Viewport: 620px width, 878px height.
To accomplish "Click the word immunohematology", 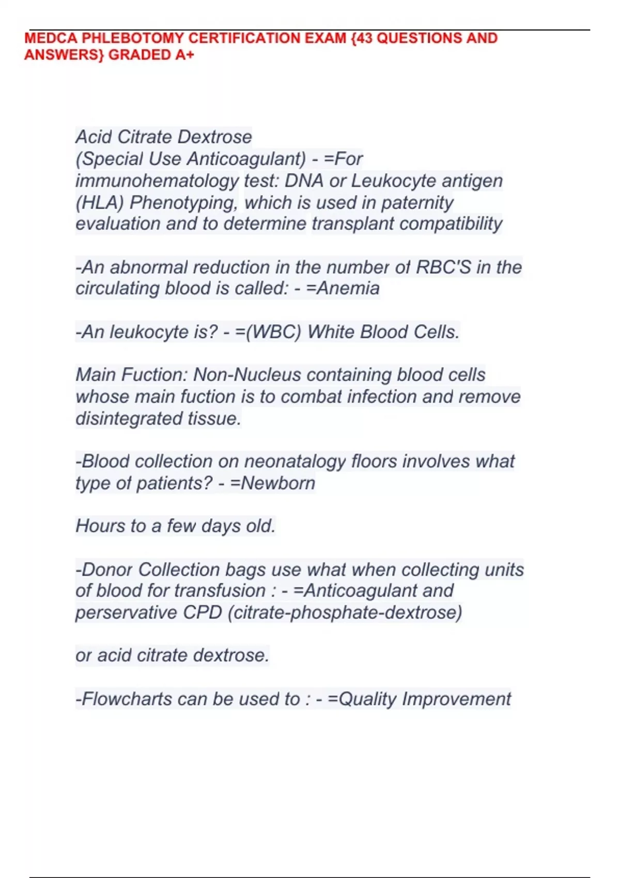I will (x=157, y=181).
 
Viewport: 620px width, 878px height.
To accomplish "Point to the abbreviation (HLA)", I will (x=100, y=202).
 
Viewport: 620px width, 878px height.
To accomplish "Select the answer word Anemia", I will (x=348, y=288).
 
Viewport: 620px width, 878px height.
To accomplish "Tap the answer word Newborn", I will (x=278, y=483).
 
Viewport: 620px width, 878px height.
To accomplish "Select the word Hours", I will (x=100, y=526).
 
